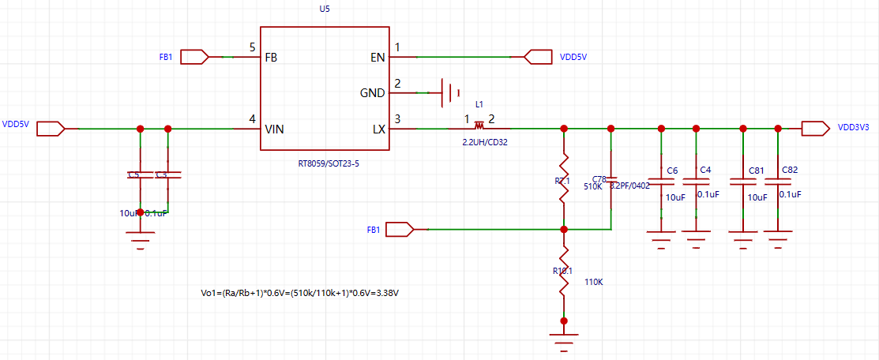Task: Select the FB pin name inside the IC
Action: (x=271, y=58)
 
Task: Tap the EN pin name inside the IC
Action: (x=378, y=58)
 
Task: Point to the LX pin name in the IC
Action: (x=378, y=129)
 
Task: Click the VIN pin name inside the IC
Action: (x=274, y=129)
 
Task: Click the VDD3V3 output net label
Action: (x=853, y=126)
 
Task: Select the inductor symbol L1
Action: (x=479, y=126)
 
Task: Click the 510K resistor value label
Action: (x=593, y=187)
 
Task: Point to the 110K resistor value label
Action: (x=595, y=281)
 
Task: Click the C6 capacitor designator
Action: (x=672, y=171)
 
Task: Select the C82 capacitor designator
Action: (x=790, y=171)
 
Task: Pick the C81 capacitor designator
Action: (x=756, y=171)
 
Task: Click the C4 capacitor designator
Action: (x=706, y=171)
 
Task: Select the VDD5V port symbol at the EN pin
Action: (x=538, y=57)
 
